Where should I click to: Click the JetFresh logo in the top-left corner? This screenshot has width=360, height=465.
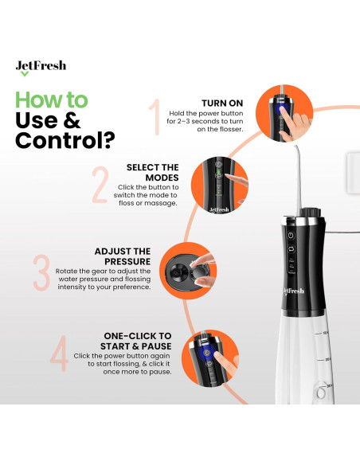[x=41, y=65]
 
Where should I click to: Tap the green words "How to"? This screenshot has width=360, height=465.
[x=52, y=100]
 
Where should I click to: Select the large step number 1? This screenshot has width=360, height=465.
[x=155, y=119]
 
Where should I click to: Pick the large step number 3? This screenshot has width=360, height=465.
[x=41, y=273]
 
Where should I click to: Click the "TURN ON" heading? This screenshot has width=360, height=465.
[x=224, y=103]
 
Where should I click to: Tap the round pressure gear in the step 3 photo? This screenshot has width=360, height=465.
[x=178, y=272]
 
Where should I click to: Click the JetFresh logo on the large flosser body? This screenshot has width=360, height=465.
[x=293, y=291]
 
